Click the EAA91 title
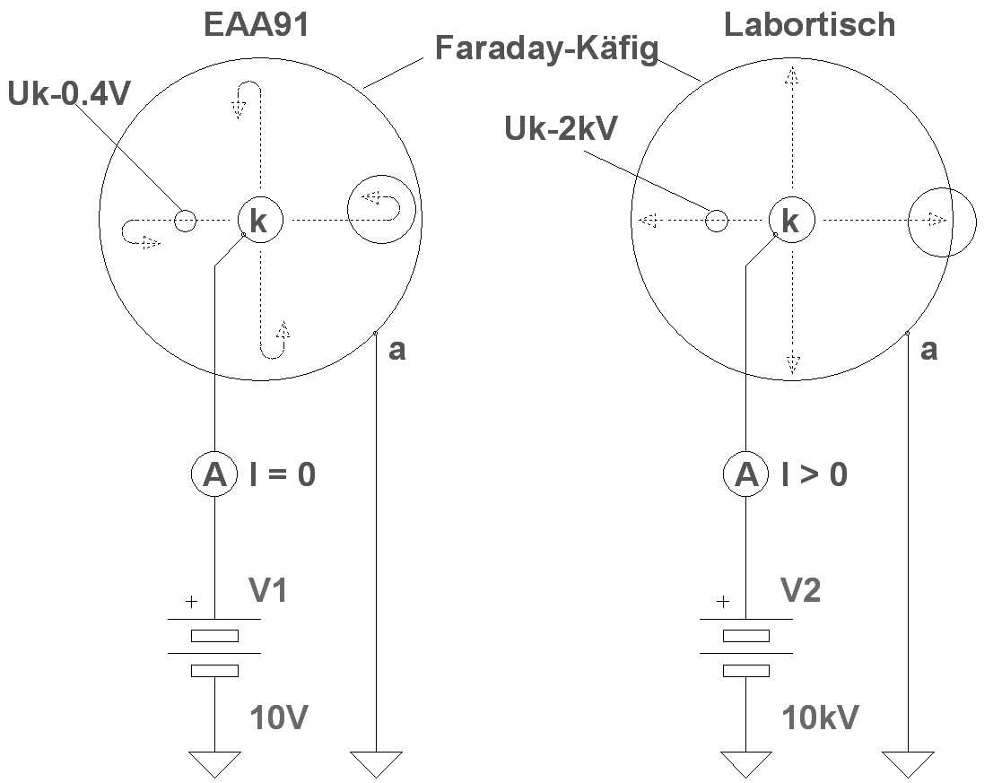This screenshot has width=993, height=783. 257,24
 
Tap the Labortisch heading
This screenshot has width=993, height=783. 809,24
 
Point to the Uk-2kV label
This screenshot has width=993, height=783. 561,129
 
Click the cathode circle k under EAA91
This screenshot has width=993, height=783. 260,220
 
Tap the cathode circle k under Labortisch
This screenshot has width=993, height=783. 791,220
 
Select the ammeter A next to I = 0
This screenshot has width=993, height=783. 215,474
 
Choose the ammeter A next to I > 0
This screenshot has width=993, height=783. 746,474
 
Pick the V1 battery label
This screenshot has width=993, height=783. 268,590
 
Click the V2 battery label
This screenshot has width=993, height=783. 800,590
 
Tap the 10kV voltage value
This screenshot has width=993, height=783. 820,717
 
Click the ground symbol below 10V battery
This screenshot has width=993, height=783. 215,763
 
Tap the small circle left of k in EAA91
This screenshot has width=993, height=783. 185,220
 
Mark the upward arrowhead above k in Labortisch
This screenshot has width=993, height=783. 791,78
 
